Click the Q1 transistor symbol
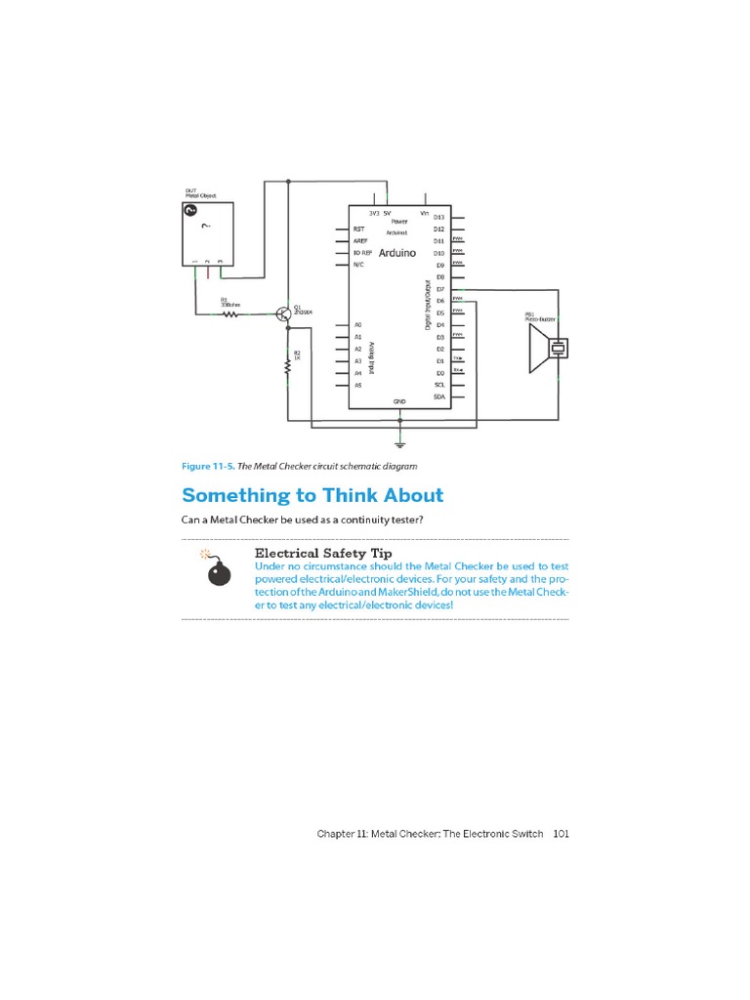(283, 313)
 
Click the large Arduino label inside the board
(397, 252)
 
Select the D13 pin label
(439, 217)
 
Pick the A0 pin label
(358, 324)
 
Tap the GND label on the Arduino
(399, 401)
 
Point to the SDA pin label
(439, 396)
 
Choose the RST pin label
(358, 229)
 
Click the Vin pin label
(424, 212)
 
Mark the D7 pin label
(440, 289)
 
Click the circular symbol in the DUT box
(191, 210)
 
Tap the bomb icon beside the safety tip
(219, 570)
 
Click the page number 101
(561, 834)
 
